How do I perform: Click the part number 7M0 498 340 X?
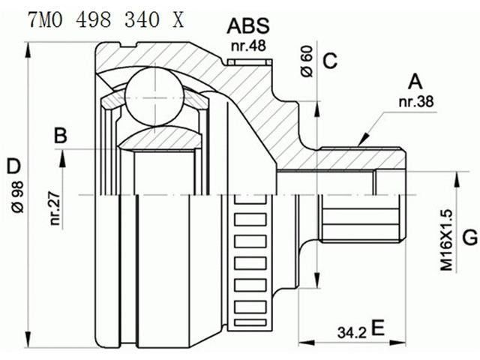106,20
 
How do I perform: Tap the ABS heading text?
248,26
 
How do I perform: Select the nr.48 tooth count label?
248,46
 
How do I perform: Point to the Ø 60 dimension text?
307,61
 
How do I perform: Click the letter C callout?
330,61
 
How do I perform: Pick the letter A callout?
415,82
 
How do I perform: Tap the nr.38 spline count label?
416,101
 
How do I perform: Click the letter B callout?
61,135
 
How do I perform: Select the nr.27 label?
55,208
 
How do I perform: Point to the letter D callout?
13,166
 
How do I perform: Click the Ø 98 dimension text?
18,196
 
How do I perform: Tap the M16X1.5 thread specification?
446,240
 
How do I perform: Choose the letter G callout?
470,237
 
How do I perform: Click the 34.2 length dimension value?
352,332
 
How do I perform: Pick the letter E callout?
378,328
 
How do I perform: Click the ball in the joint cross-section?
154,97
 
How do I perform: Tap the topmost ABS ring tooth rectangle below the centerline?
250,199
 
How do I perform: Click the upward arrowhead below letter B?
62,158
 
